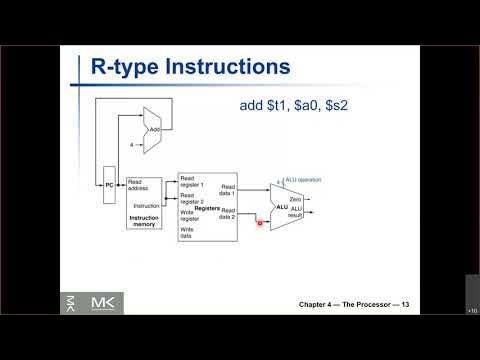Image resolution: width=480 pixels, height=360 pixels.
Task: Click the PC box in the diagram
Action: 109,186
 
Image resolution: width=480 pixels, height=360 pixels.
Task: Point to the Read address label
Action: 142,184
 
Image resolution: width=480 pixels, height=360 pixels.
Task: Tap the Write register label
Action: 193,214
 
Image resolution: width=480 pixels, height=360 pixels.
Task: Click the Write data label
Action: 187,232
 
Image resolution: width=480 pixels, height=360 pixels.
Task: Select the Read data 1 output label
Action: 228,189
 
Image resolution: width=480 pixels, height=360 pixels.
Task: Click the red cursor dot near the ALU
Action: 260,224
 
